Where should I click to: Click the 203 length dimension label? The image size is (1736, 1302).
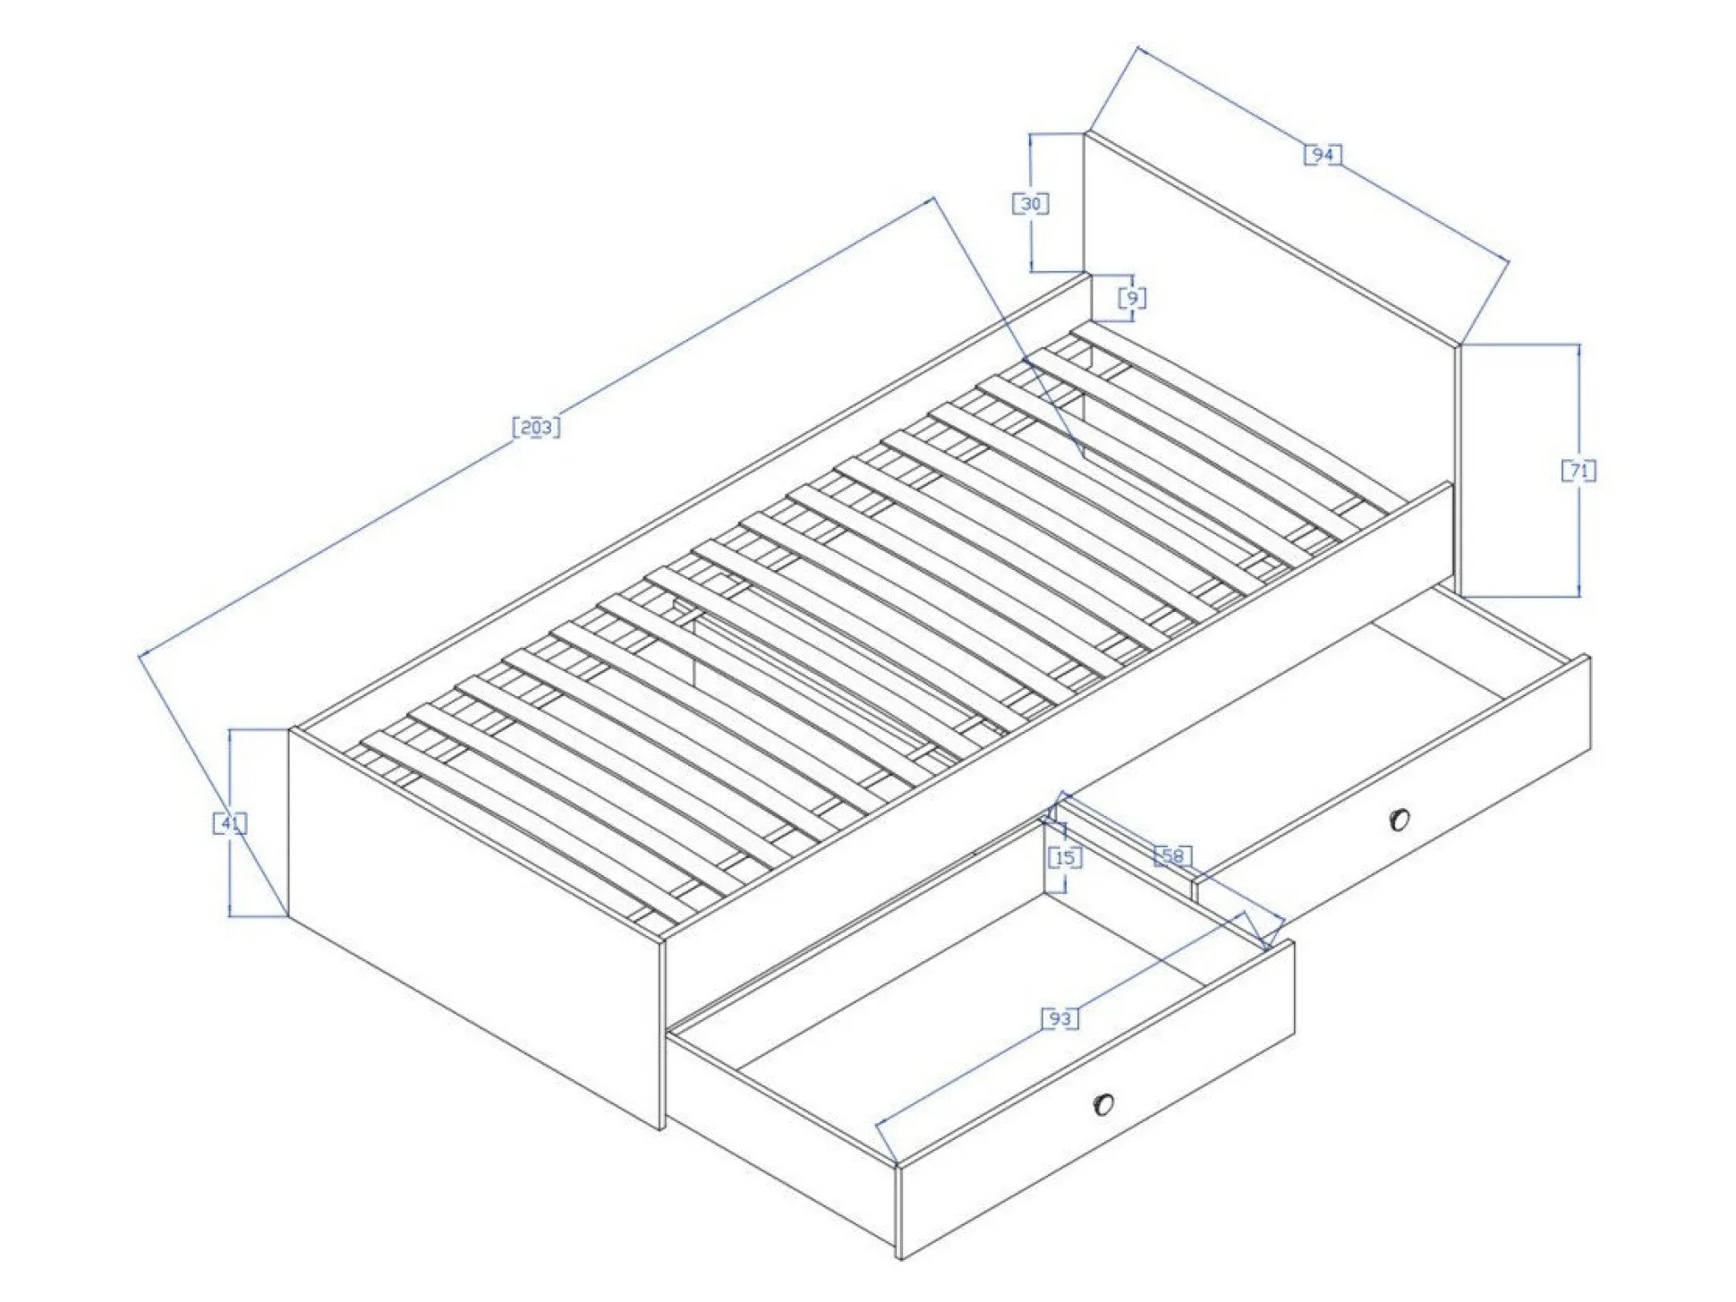[x=536, y=427]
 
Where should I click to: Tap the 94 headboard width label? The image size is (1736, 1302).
[x=1323, y=155]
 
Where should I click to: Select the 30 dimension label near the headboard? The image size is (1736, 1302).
[x=1031, y=204]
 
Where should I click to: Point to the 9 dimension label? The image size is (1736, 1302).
[x=1133, y=297]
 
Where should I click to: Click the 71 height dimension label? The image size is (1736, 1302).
[x=1579, y=470]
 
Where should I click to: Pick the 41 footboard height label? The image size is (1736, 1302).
[x=230, y=822]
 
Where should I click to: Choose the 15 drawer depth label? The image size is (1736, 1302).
[x=1065, y=858]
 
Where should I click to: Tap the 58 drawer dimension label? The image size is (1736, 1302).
[x=1172, y=856]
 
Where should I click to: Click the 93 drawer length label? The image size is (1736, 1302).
[x=1060, y=1018]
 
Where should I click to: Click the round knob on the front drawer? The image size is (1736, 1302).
[x=1104, y=1104]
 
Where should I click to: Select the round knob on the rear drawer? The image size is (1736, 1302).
[x=1400, y=819]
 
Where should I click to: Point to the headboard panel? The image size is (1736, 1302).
[x=1271, y=358]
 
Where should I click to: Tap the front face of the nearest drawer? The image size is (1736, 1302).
[x=1096, y=1101]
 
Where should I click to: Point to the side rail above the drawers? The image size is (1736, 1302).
[x=1056, y=716]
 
